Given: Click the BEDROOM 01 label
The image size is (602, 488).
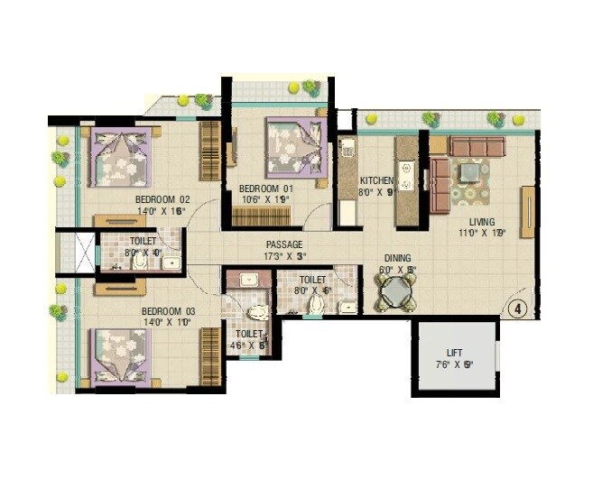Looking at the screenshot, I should (266, 188).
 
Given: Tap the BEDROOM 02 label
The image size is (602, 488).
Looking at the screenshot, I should (162, 198).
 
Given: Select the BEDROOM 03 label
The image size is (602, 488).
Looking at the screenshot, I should (168, 312).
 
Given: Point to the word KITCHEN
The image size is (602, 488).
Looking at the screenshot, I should (376, 180).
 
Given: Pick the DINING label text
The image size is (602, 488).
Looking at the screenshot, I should (398, 256).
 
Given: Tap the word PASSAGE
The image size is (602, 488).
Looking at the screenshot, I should (283, 244).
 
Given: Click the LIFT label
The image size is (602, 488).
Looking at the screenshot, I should (455, 353).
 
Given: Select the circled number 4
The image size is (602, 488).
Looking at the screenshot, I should (518, 307).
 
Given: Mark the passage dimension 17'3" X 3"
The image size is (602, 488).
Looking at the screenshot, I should (283, 256).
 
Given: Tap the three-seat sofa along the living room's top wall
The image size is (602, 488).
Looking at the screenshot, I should (478, 146).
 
